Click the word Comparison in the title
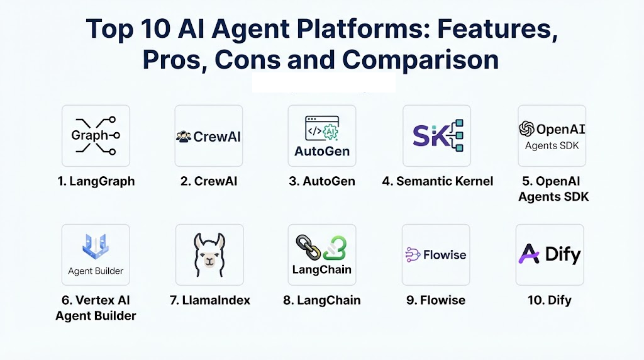(x=420, y=60)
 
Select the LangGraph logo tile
(x=96, y=135)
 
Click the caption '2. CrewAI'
(x=209, y=181)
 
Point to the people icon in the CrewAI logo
(x=184, y=137)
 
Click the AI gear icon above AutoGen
(x=330, y=132)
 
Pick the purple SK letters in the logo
(x=427, y=136)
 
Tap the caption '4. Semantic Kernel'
(x=438, y=181)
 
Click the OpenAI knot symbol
(x=526, y=129)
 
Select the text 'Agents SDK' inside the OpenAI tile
(x=552, y=146)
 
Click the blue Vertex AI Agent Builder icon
(x=96, y=247)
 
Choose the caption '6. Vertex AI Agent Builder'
(x=96, y=308)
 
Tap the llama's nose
(x=209, y=261)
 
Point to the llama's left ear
(x=199, y=241)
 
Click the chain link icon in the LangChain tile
(x=308, y=247)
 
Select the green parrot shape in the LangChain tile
(x=335, y=248)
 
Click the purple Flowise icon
(x=413, y=255)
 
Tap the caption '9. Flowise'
(x=436, y=300)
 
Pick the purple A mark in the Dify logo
(x=529, y=254)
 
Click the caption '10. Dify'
(x=550, y=300)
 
